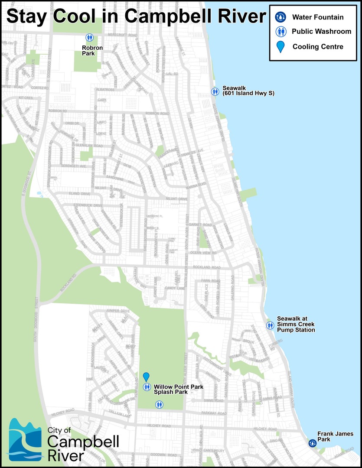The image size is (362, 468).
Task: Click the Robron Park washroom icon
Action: [x=89, y=38]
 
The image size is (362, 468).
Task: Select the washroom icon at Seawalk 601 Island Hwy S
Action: [x=215, y=91]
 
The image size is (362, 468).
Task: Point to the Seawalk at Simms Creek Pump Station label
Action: [x=296, y=325]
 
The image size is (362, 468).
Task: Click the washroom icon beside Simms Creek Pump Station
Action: [x=270, y=325]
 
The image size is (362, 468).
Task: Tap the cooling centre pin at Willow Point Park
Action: [x=147, y=376]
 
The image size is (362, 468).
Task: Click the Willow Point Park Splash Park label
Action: [x=179, y=389]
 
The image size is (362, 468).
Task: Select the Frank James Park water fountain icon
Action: [x=312, y=443]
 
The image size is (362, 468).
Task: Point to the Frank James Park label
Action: [x=335, y=436]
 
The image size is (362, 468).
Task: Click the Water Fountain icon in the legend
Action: [x=281, y=17]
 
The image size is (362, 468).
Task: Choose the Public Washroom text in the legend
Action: [x=321, y=31]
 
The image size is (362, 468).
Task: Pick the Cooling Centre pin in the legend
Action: [x=281, y=46]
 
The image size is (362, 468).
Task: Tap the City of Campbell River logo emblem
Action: [x=26, y=439]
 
